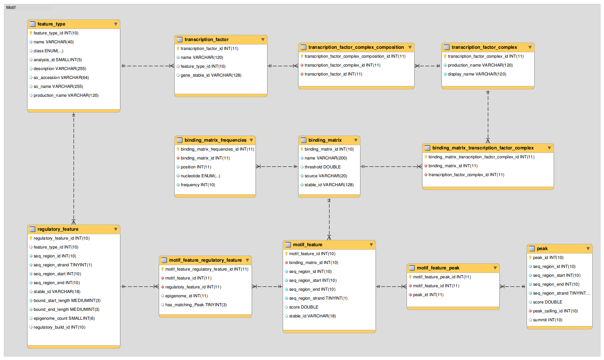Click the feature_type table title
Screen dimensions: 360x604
[51, 24]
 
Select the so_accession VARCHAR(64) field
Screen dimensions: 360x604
[61, 77]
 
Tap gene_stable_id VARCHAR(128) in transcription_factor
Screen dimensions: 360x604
[211, 75]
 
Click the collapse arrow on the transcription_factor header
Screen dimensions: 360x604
[263, 39]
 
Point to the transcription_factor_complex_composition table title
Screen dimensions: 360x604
[356, 47]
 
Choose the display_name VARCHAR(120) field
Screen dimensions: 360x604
[477, 74]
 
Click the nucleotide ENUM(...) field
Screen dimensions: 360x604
[200, 176]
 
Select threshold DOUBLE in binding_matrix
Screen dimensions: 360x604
[323, 167]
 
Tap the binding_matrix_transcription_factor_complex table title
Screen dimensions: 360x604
[483, 148]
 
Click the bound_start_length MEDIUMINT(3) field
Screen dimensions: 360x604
[67, 300]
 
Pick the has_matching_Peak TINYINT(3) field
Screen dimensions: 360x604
[196, 305]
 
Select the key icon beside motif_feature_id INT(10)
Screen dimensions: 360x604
[286, 254]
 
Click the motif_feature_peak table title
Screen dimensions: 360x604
[438, 268]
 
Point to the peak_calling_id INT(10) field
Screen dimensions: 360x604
[555, 311]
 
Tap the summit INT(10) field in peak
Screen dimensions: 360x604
[547, 320]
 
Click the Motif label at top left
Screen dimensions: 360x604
[11, 7]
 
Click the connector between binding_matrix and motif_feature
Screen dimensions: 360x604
[329, 219]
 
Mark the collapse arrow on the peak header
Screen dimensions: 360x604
[588, 249]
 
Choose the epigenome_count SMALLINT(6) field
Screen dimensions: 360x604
[64, 318]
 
